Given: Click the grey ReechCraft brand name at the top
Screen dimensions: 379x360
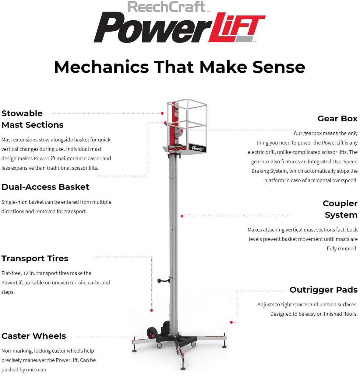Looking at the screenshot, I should (x=167, y=7).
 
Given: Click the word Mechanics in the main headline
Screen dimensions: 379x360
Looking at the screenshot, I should (x=101, y=67).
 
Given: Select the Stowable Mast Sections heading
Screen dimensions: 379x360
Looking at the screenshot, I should (x=32, y=119).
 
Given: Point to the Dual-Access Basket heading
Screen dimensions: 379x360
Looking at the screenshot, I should (x=45, y=187).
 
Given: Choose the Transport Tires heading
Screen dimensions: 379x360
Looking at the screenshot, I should (x=35, y=258).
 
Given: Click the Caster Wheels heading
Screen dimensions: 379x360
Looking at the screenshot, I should (x=34, y=336).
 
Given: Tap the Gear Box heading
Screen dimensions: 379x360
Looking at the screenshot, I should (x=337, y=118).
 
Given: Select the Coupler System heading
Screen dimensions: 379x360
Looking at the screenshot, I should (x=340, y=209).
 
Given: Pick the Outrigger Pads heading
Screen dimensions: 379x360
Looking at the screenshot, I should (x=323, y=290).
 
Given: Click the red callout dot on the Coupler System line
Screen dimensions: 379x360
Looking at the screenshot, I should (x=182, y=216).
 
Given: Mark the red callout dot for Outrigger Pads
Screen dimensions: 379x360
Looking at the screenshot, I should (x=231, y=322).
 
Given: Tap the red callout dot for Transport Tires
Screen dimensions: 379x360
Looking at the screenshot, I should (x=151, y=310).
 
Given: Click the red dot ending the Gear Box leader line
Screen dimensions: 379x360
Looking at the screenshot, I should (x=182, y=131).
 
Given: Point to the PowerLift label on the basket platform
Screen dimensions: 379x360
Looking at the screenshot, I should (x=198, y=148).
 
